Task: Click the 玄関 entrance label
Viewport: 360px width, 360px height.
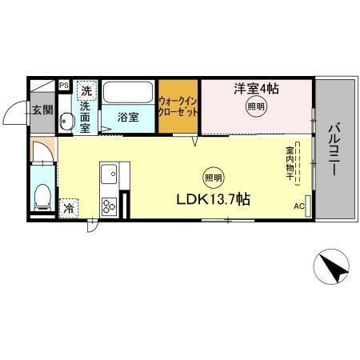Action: [x=42, y=110]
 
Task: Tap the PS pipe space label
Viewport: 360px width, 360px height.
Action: [x=64, y=84]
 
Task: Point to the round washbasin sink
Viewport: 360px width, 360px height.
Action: [x=66, y=122]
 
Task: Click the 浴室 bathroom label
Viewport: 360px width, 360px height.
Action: [x=128, y=117]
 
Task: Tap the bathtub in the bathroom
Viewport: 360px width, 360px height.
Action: [x=128, y=93]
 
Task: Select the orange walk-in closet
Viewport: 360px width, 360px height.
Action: [x=178, y=106]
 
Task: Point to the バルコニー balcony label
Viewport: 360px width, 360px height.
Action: [x=334, y=149]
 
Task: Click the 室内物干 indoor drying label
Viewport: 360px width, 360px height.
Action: [x=290, y=160]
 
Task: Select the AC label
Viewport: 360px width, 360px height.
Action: [x=298, y=205]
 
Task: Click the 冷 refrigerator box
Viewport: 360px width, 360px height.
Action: [x=69, y=206]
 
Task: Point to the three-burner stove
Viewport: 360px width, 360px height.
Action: [x=109, y=206]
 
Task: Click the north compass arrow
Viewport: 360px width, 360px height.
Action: [x=334, y=268]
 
